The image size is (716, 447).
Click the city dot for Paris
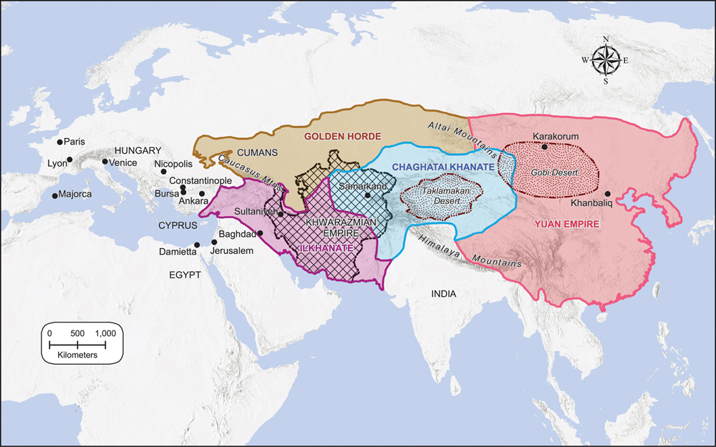pos(60,142)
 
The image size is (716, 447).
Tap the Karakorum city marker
pos(545,147)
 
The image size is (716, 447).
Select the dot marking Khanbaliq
pos(608,194)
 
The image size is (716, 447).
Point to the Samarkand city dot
pos(367,195)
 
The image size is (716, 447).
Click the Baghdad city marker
pos(260,234)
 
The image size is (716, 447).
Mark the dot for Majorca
pos(55,195)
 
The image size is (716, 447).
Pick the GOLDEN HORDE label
pos(343,136)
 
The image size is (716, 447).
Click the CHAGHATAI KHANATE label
pos(444,167)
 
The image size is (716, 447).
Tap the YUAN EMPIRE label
pos(566,224)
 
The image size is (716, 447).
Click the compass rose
pos(606,60)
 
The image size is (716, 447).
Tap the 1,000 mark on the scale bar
pos(105,334)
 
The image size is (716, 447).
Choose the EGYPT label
pos(185,275)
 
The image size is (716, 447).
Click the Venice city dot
pos(105,162)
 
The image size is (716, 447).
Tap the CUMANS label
pos(258,152)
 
